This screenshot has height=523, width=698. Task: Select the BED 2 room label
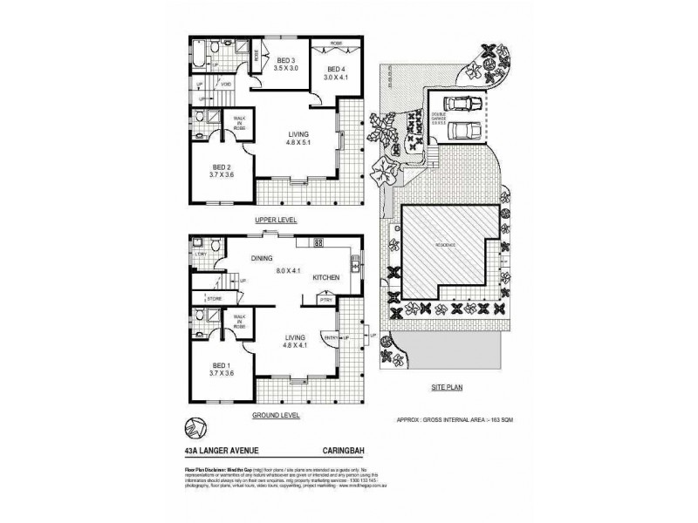point(221,170)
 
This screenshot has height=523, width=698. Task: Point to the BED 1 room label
point(221,367)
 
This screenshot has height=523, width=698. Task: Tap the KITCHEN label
point(326,277)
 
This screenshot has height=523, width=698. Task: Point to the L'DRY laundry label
point(200,254)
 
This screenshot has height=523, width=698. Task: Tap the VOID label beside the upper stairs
point(225,85)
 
